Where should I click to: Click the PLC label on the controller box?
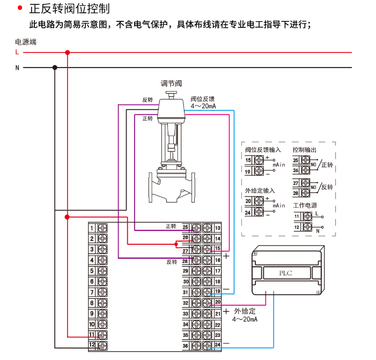(286, 273)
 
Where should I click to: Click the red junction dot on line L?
(67, 52)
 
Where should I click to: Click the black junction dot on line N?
(55, 67)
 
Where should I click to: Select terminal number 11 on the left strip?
(92, 335)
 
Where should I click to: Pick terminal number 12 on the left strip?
(92, 346)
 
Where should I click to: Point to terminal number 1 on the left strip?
(92, 228)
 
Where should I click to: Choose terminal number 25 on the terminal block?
(186, 228)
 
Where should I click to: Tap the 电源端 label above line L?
(26, 42)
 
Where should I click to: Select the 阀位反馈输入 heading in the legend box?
(263, 149)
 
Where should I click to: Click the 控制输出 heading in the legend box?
(305, 149)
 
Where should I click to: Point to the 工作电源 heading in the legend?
(305, 205)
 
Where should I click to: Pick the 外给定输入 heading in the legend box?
(260, 191)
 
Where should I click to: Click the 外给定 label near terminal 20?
(244, 311)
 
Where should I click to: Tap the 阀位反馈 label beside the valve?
(202, 99)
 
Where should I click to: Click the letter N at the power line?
(17, 67)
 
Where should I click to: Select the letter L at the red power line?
(17, 52)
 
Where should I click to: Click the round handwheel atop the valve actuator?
(172, 94)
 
